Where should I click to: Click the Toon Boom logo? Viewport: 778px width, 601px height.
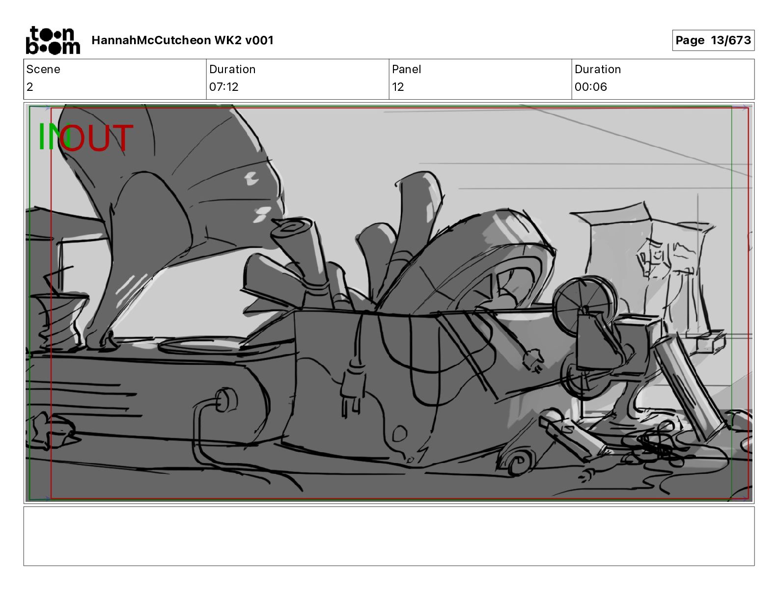(53, 40)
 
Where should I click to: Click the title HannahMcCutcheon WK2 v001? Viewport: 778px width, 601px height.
(182, 40)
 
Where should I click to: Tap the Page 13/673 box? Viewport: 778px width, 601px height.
(713, 40)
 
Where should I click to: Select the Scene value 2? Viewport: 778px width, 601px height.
(30, 86)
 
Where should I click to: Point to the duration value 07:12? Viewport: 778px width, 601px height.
(223, 86)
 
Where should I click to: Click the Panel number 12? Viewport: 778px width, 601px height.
(398, 86)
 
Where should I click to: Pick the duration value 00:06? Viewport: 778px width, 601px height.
(591, 86)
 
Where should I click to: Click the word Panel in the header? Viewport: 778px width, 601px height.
(406, 69)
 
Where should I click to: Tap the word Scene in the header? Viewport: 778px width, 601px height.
(43, 69)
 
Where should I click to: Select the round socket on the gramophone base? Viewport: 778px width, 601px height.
(226, 400)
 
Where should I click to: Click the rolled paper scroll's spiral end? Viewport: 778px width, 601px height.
(291, 225)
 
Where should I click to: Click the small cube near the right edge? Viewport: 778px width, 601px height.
(711, 342)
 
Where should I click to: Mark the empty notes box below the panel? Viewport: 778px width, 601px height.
(389, 536)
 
